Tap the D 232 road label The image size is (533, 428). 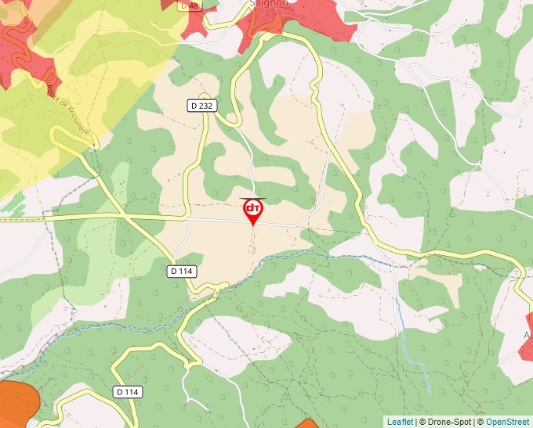[201, 105]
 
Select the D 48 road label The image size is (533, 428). [189, 5]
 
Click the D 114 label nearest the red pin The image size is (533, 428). [181, 271]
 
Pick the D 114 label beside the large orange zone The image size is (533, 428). [127, 391]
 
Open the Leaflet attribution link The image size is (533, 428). [400, 422]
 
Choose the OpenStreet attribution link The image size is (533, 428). [507, 422]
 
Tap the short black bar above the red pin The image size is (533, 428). [252, 198]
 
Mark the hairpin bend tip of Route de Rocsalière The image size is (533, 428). [55, 134]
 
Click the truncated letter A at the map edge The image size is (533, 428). [526, 335]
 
